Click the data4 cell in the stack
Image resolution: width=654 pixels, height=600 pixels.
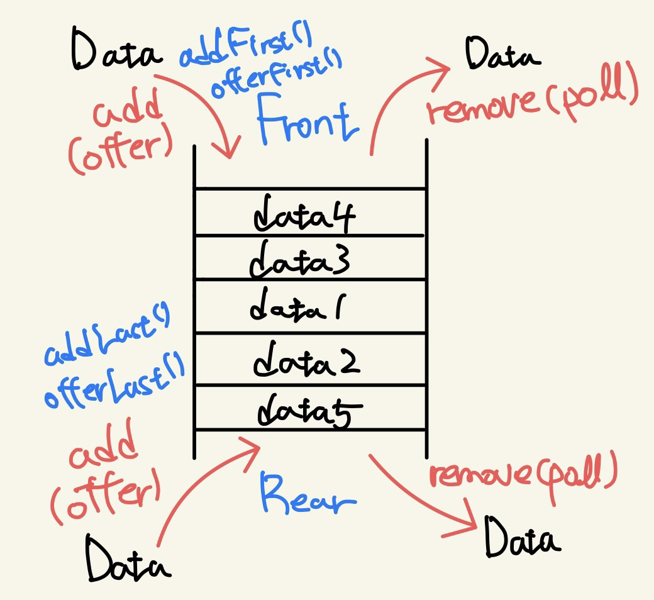point(305,214)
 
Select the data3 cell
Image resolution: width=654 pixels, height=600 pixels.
point(296,259)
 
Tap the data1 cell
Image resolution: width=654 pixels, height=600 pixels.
point(294,308)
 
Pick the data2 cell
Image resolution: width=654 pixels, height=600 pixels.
point(306,360)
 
